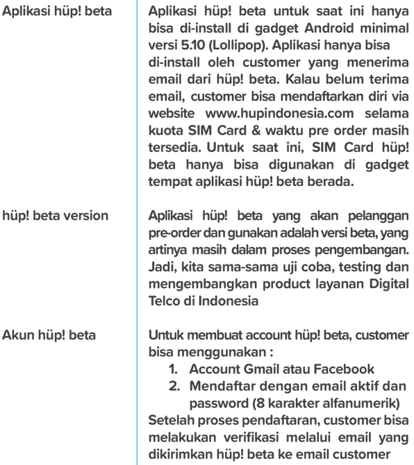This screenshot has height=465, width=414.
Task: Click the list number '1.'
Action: (x=177, y=369)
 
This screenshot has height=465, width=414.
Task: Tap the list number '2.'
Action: (x=177, y=385)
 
